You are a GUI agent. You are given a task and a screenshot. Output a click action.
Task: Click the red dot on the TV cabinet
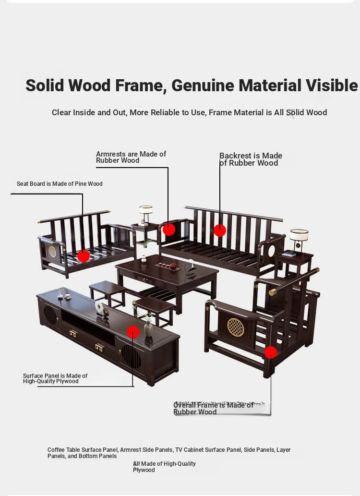coord(133,332)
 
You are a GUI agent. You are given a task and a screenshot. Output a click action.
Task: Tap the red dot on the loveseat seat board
coord(84,256)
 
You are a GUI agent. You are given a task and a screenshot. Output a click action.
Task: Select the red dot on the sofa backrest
coord(220,230)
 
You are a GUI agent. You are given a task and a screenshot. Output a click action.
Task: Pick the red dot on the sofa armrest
coord(169,230)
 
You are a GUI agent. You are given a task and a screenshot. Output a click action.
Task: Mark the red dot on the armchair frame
coord(271,352)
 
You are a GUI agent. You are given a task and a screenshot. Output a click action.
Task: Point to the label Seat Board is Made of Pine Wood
coord(60,184)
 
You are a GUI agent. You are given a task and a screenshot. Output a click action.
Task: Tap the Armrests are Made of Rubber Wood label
coord(131,157)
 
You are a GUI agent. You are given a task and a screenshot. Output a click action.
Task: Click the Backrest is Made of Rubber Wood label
coord(251,159)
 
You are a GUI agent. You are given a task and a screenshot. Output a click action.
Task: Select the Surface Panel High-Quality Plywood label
coord(55,378)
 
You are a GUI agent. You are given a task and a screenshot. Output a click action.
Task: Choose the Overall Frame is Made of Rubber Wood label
coord(213,409)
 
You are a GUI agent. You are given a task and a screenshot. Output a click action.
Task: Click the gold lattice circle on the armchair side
coord(236,327)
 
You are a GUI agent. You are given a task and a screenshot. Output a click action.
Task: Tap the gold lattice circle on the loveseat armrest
coord(52,252)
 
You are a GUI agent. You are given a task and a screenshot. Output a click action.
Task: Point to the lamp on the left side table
coord(146,215)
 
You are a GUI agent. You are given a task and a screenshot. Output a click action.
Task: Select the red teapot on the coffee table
coord(173,266)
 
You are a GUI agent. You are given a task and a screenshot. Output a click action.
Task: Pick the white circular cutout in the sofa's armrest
coord(271,251)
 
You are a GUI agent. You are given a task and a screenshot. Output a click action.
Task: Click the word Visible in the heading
coord(332,85)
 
